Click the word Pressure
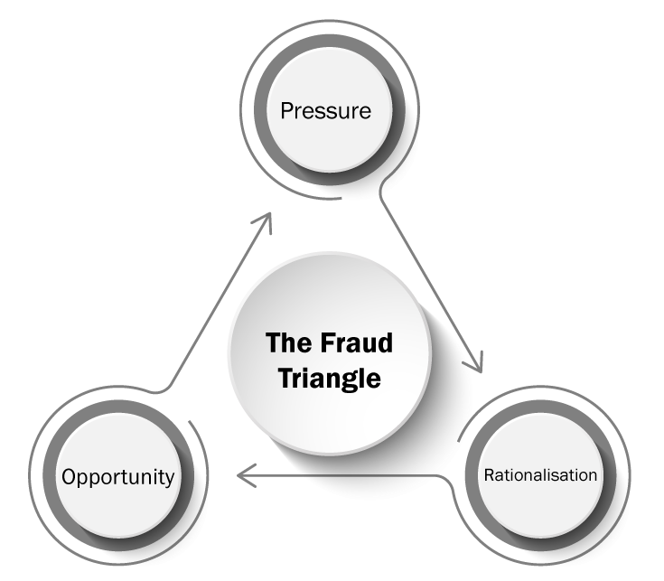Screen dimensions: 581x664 tap(326, 112)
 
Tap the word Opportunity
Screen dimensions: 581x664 tap(117, 476)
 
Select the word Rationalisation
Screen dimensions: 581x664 tap(541, 474)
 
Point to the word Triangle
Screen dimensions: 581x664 tap(330, 378)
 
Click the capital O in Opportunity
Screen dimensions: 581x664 tap(69, 476)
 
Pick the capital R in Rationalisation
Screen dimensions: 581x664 tap(489, 474)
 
